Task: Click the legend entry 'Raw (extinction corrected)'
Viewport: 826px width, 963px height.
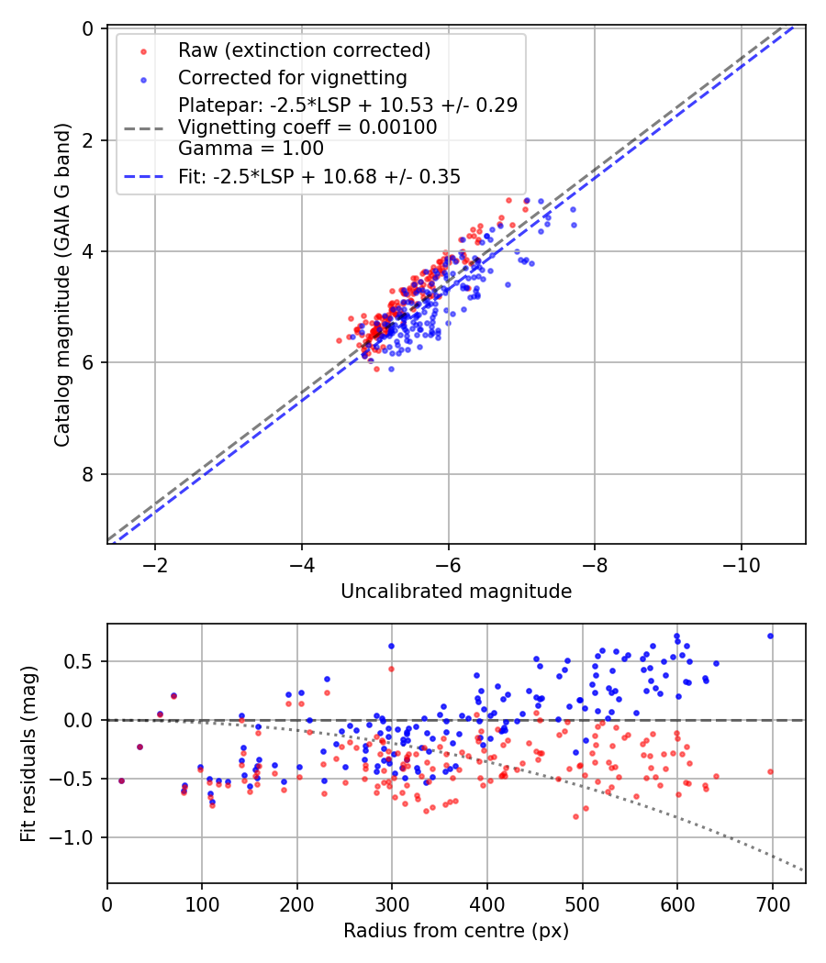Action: coord(304,50)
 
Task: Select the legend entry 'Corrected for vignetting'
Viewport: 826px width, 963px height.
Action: coord(292,77)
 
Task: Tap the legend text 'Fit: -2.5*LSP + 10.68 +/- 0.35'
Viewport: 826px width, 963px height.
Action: coord(319,176)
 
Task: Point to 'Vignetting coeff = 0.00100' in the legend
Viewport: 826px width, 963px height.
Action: coord(307,127)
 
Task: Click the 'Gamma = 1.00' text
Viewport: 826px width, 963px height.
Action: coord(251,148)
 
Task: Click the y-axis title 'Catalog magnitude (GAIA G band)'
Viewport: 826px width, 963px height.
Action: coord(61,286)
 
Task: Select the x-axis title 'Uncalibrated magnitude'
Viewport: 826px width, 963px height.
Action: coord(456,592)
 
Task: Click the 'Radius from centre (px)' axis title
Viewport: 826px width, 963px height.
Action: coord(456,931)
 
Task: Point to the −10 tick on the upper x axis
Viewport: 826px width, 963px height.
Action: coord(741,563)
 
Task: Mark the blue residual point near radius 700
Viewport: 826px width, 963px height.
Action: coord(770,636)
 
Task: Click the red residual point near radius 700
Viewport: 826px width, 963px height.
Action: coord(770,771)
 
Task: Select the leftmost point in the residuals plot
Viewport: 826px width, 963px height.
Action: coord(121,780)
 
